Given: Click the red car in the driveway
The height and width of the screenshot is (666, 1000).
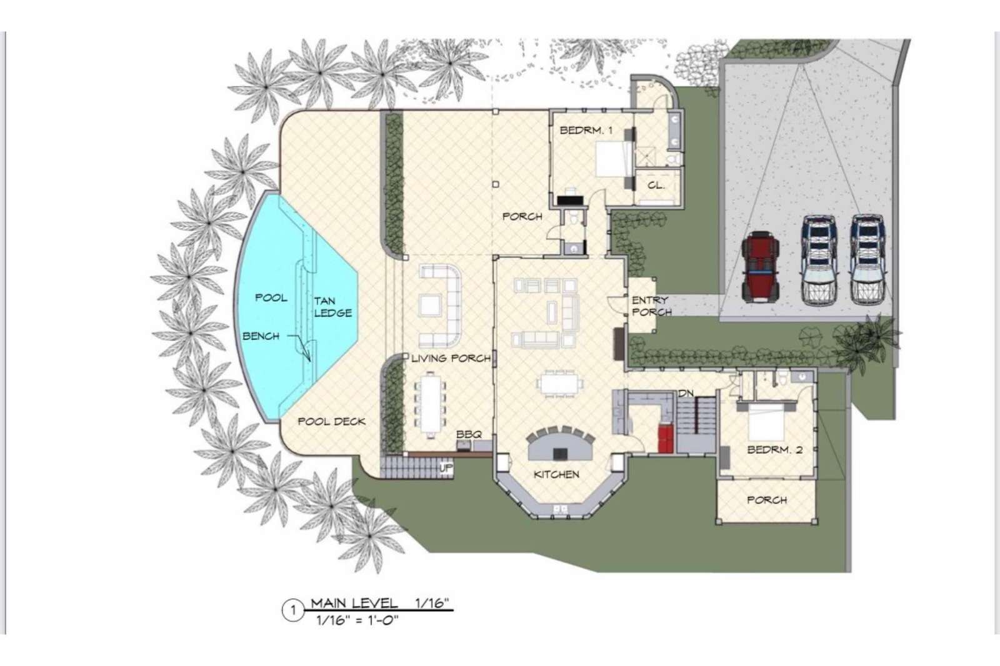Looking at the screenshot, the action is click(760, 266).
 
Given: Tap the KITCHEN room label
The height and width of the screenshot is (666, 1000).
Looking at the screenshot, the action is click(556, 474).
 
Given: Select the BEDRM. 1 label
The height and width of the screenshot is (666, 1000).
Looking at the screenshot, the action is click(586, 131).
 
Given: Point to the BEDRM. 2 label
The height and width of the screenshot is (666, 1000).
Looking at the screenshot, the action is click(774, 449).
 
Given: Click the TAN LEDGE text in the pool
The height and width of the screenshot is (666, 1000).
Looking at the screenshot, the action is click(332, 307).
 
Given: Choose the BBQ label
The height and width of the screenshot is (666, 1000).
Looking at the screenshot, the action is click(469, 434).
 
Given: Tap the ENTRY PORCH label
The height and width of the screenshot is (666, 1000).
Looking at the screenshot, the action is click(651, 306).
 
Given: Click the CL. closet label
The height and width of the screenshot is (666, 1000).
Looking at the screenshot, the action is click(656, 186).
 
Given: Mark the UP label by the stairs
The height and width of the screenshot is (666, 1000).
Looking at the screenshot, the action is click(446, 468).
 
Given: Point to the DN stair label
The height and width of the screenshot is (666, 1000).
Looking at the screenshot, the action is click(686, 393).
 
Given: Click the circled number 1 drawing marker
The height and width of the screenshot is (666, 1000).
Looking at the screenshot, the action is click(293, 610).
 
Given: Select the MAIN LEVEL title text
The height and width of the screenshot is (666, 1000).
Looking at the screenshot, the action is click(354, 604).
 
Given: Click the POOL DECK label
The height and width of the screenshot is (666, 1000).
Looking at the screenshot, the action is click(332, 421).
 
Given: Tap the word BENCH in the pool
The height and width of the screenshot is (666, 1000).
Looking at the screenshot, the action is click(261, 336).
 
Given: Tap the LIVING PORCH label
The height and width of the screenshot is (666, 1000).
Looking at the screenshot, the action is click(451, 358).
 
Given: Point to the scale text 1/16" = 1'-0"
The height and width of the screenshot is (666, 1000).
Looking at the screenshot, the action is click(357, 620).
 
